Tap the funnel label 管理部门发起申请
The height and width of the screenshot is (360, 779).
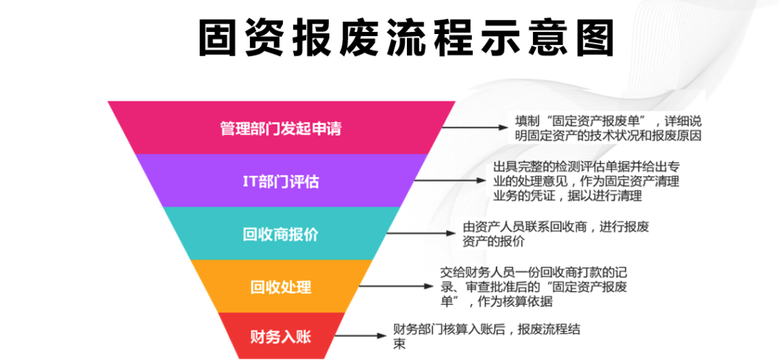point(280,129)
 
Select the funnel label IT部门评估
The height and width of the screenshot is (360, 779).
point(280,181)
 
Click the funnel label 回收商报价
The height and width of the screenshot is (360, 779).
point(280,234)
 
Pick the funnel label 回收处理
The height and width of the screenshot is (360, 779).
point(281,286)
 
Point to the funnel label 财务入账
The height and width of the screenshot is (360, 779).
point(281,336)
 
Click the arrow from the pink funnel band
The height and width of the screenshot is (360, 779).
point(475,127)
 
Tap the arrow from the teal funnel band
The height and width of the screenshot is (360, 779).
point(423,233)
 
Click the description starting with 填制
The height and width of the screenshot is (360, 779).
point(608,127)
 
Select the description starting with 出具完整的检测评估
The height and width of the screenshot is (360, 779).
point(586,180)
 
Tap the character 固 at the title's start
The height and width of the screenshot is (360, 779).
point(220,38)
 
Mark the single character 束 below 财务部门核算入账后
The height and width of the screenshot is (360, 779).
point(399,344)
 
